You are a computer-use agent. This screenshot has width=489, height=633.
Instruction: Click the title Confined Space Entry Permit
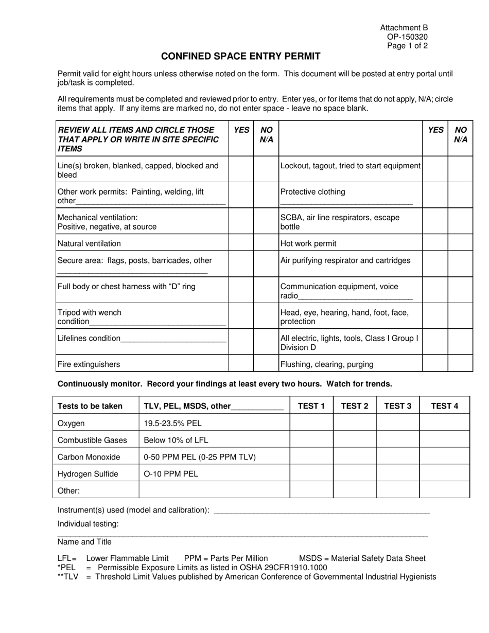[x=240, y=57]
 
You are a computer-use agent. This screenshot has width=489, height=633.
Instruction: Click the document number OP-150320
[x=407, y=37]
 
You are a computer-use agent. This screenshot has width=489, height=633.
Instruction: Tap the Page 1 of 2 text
[x=407, y=45]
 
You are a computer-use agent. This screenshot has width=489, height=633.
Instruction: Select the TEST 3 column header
[x=397, y=406]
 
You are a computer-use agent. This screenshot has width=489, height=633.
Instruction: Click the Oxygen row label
[x=71, y=423]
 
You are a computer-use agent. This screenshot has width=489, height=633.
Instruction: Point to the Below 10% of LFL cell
[x=176, y=440]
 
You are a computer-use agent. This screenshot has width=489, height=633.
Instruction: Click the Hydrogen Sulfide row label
[x=88, y=474]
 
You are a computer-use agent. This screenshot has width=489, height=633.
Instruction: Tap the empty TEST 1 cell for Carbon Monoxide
[x=311, y=456]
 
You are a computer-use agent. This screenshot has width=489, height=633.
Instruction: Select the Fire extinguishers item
[x=89, y=364]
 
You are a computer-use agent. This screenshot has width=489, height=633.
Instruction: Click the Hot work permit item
[x=308, y=243]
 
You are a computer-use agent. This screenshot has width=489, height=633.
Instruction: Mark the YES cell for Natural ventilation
[x=241, y=243]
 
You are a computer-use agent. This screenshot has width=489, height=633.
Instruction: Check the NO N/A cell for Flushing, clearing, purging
[x=460, y=364]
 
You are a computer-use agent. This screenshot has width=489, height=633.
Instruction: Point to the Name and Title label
[x=84, y=542]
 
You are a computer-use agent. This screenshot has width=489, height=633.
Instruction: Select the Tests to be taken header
[x=90, y=406]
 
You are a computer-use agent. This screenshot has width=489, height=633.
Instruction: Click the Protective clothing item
[x=313, y=192]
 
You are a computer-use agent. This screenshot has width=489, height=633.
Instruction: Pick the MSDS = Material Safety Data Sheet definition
[x=362, y=558]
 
